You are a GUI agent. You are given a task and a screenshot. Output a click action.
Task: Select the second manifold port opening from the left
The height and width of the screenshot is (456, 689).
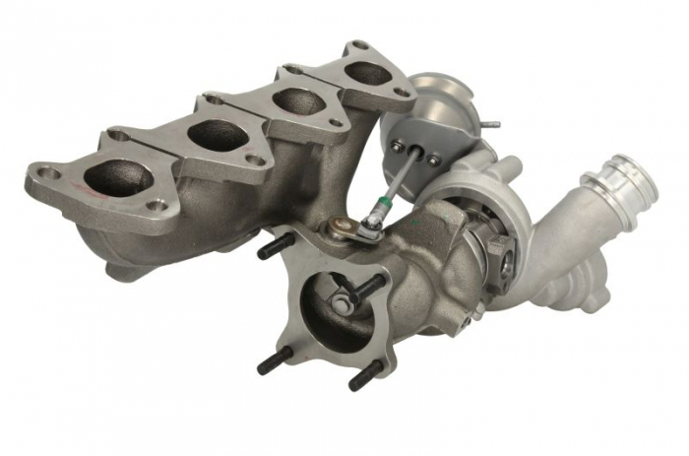219,136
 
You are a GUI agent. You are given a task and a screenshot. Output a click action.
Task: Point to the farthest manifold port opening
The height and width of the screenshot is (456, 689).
368,72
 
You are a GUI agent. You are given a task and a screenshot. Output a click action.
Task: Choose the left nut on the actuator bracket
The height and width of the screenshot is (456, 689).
397,148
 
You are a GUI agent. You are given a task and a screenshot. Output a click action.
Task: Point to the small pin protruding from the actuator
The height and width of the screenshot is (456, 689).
489,125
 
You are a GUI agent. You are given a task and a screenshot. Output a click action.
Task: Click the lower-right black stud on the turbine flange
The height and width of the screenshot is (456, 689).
365,375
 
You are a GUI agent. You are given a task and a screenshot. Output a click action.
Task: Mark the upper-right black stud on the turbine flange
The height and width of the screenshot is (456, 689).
370,287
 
